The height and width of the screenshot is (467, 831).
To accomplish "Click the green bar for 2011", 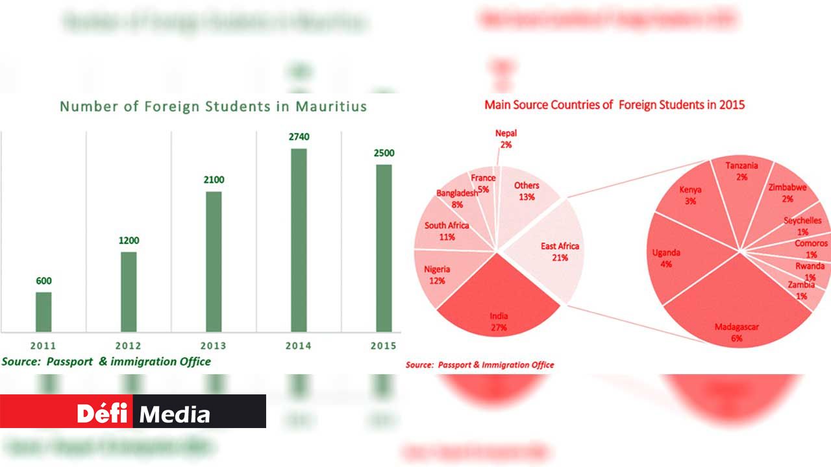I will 43,312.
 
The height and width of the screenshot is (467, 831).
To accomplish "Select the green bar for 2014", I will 299,240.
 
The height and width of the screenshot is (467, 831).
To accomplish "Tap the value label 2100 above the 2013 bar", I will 214,180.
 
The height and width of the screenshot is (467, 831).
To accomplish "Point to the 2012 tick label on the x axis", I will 129,346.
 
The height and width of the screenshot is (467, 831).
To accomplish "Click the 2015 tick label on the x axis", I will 383,346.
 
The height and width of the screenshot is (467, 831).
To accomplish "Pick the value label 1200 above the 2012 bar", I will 129,241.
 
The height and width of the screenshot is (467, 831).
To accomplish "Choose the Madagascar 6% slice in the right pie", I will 737,318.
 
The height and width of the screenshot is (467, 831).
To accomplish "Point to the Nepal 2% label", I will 506,139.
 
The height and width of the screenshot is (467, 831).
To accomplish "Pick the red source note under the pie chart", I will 480,365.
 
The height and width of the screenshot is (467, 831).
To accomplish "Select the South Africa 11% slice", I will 448,232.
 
